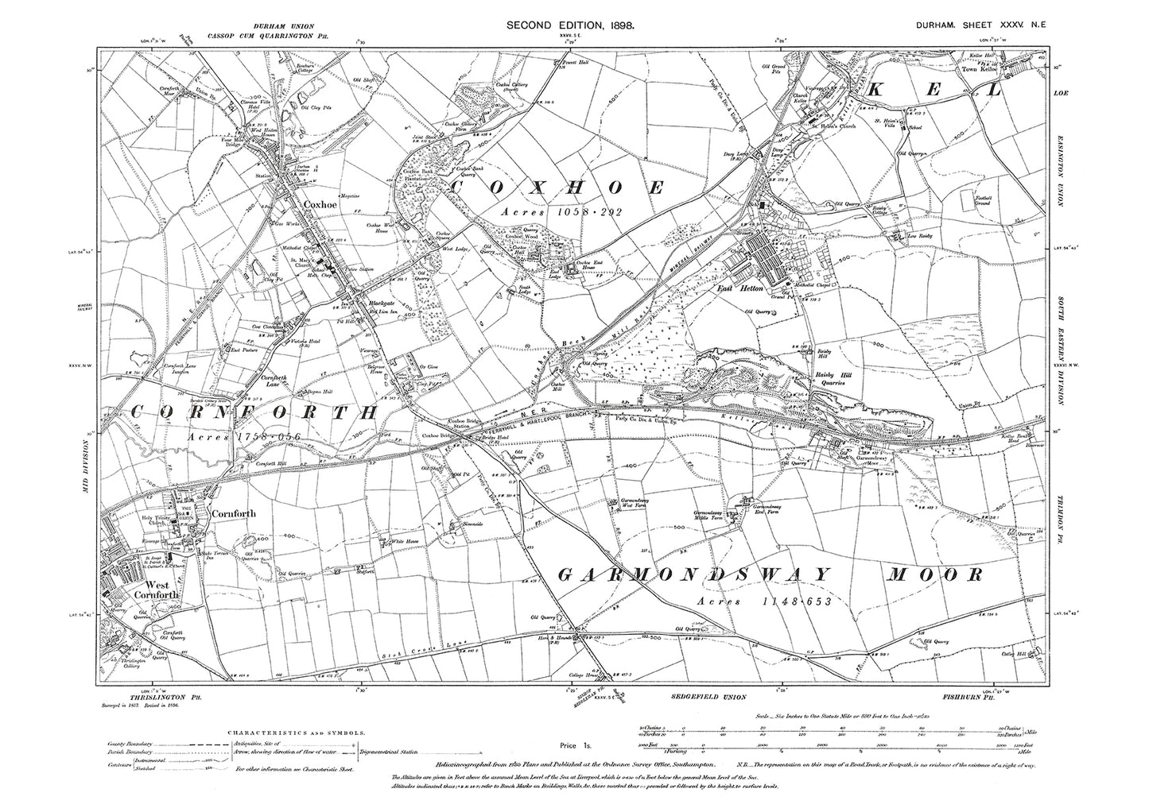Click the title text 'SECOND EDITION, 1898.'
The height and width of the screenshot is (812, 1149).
(570, 26)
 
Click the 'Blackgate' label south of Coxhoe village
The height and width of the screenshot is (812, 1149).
(372, 304)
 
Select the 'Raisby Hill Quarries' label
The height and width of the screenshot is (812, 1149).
(824, 377)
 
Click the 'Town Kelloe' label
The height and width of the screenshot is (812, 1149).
(980, 69)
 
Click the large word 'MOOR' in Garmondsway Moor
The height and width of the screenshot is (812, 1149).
(934, 574)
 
